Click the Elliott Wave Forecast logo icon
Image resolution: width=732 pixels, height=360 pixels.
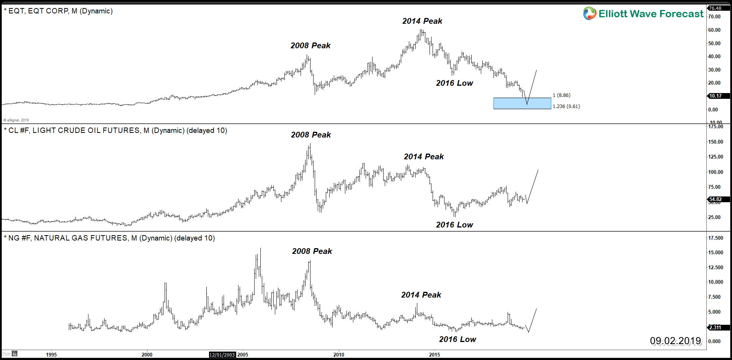tap(590, 13)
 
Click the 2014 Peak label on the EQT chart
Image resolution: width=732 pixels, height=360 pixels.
tap(422, 21)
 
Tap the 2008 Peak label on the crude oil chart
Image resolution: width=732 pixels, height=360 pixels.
tap(310, 135)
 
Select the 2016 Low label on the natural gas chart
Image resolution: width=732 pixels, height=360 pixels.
tap(457, 339)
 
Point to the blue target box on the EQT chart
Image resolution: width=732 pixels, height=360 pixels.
tap(522, 103)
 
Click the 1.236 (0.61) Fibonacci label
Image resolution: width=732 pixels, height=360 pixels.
tap(566, 106)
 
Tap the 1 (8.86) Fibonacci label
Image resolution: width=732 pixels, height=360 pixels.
tap(561, 95)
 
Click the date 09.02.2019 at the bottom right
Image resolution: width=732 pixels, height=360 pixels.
tap(675, 340)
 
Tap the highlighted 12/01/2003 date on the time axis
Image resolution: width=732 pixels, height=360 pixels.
tap(222, 355)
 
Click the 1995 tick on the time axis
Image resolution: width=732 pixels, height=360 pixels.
tap(51, 355)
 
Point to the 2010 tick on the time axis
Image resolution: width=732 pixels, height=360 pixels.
tap(338, 355)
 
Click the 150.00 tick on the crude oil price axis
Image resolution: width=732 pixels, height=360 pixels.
tap(715, 142)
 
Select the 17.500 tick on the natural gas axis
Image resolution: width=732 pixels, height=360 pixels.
tap(715, 238)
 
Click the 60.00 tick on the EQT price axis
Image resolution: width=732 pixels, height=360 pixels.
tap(714, 30)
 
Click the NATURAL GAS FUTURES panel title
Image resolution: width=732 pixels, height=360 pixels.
tap(109, 238)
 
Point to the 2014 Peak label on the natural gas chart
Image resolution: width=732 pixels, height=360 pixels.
tap(421, 295)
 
